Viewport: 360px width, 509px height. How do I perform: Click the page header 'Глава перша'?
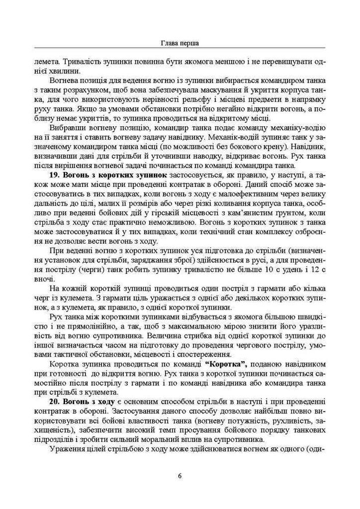point(180,43)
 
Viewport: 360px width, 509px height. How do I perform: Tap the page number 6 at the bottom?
point(180,476)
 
